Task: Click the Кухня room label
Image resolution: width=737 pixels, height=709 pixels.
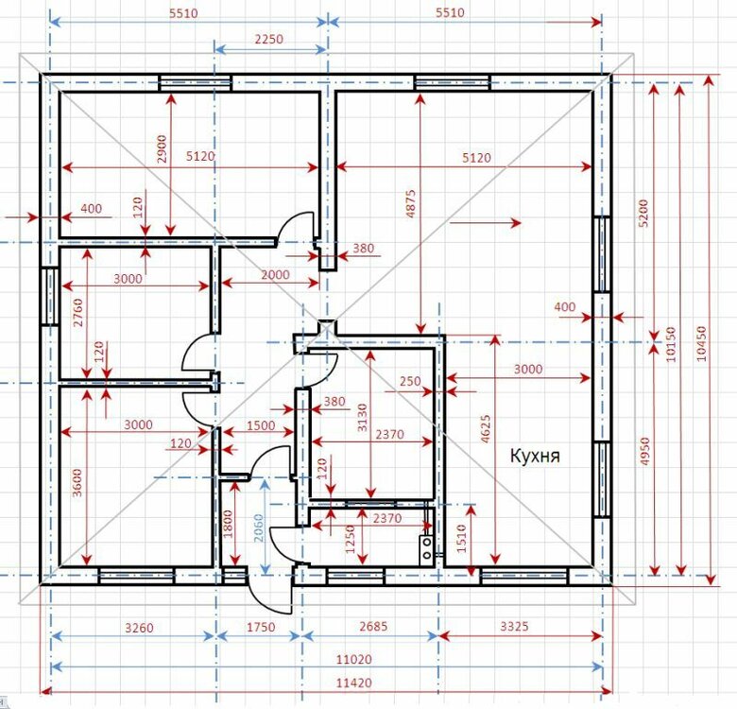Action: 535,456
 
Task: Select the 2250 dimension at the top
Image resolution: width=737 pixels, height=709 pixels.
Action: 269,39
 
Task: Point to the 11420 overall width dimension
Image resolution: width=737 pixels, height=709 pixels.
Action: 354,683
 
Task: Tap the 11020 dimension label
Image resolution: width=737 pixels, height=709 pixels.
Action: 354,659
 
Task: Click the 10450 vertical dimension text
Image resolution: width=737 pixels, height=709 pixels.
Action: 701,343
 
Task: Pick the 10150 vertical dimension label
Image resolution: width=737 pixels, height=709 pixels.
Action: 671,344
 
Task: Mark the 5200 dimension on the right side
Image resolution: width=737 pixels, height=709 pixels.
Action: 643,213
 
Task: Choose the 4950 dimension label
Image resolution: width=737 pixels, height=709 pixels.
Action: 644,451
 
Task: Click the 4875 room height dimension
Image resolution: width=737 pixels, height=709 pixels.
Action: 410,203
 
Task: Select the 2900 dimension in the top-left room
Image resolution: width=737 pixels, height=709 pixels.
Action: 162,148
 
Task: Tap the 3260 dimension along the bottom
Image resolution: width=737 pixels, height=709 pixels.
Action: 139,628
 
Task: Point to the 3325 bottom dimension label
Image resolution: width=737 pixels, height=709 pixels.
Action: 514,626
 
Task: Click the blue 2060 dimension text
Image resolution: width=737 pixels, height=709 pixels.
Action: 259,528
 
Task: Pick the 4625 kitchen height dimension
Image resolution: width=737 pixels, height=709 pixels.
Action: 486,428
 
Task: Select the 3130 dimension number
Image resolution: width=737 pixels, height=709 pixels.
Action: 363,418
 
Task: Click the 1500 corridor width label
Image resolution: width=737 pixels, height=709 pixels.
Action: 261,425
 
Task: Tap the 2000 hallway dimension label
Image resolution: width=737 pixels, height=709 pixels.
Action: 276,274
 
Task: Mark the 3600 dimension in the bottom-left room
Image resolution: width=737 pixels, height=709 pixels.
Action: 77,482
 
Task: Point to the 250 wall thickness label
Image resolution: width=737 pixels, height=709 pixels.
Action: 410,381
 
